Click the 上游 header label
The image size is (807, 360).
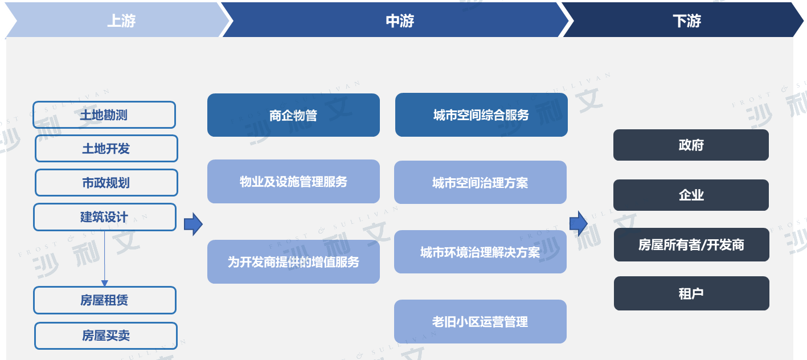click(x=121, y=21)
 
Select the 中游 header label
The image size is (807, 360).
click(x=400, y=21)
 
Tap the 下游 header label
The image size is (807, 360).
click(x=687, y=21)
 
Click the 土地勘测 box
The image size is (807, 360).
click(x=104, y=115)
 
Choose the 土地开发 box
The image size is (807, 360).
click(x=106, y=149)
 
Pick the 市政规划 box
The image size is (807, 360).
click(x=106, y=183)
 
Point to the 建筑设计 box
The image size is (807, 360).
click(x=105, y=217)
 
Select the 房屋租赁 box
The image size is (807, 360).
click(x=105, y=300)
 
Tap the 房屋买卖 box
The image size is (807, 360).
click(x=106, y=336)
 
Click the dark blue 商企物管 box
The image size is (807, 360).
click(x=293, y=115)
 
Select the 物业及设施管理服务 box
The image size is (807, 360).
click(x=293, y=181)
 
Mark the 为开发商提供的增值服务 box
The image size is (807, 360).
click(x=293, y=261)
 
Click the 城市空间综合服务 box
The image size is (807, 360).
click(x=481, y=114)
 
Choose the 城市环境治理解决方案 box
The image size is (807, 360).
click(x=480, y=252)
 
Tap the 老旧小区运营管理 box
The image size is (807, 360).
click(x=480, y=321)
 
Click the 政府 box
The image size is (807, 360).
click(x=691, y=145)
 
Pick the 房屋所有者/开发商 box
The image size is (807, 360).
click(x=691, y=245)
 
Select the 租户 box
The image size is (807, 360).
click(x=691, y=293)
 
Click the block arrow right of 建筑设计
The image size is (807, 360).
click(x=193, y=224)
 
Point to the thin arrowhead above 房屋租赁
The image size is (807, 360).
click(x=104, y=283)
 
